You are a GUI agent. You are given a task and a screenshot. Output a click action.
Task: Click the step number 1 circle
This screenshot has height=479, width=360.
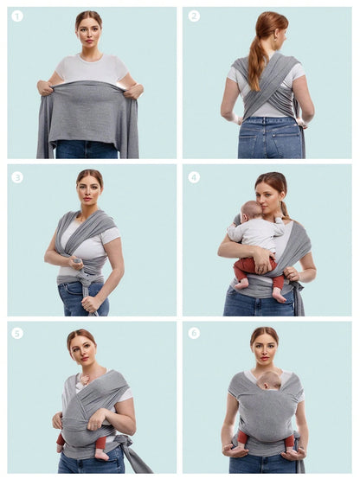(x=17, y=16)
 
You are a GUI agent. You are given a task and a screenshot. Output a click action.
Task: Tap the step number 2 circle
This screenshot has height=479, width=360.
(x=194, y=16)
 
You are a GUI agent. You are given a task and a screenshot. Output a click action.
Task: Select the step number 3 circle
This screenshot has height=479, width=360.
(x=17, y=177)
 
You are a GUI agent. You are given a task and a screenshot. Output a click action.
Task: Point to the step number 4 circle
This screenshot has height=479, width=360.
(x=194, y=177)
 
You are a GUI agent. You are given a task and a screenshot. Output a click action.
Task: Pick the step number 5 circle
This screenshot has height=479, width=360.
(x=17, y=333)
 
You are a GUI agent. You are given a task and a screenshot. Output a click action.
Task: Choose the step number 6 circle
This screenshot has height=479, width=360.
(x=194, y=333)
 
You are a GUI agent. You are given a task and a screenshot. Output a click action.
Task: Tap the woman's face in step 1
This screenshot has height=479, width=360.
(x=88, y=31)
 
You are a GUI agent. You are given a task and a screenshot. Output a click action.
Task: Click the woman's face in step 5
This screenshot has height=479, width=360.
(x=83, y=349)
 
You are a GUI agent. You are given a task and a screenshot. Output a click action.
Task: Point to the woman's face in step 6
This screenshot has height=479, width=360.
(x=264, y=348)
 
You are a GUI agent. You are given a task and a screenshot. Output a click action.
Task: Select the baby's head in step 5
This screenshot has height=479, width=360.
(x=83, y=376)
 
